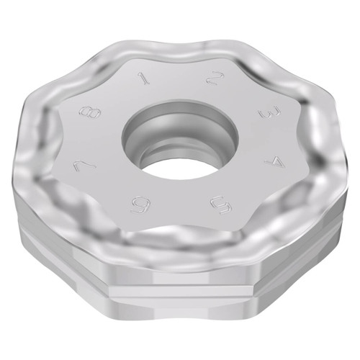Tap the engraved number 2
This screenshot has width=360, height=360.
tap(214, 78)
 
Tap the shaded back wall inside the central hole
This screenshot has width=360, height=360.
tap(180, 122)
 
